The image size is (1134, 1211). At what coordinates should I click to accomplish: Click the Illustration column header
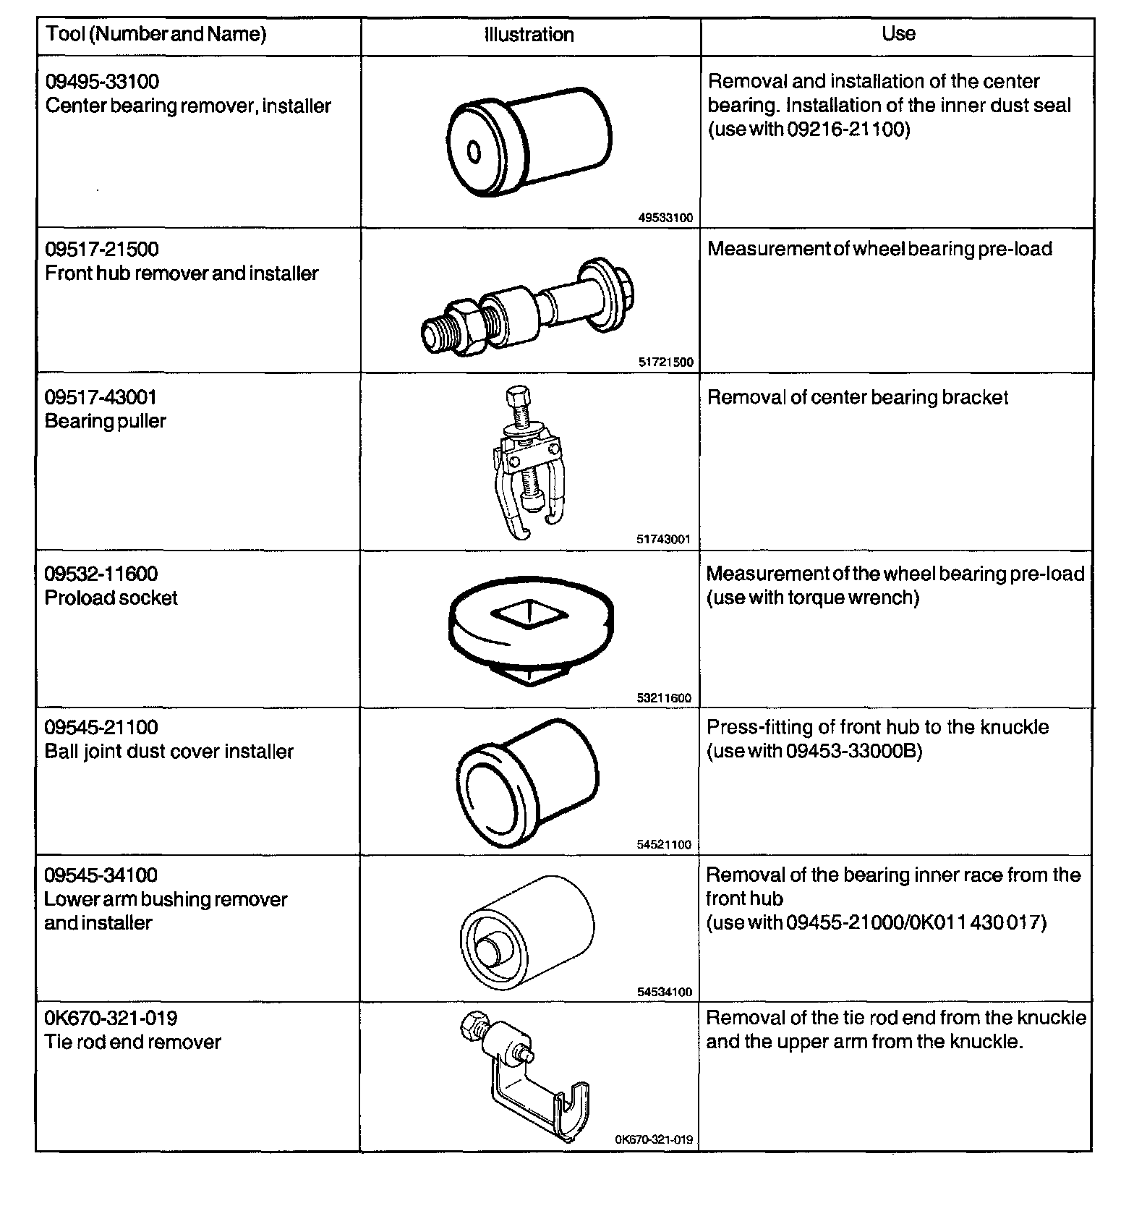coord(529,35)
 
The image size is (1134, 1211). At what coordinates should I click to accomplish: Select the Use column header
coord(898,33)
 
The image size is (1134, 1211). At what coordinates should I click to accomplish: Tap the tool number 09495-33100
coord(102,82)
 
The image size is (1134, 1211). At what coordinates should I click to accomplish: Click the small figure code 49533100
coord(665,217)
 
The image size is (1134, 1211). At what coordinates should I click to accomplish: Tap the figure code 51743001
coord(664,539)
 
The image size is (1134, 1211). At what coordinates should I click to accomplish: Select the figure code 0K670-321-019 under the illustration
coord(654,1140)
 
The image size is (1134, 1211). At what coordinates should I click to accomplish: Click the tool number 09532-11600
coord(101,574)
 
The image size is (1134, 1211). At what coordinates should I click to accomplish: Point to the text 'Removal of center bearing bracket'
coord(857,398)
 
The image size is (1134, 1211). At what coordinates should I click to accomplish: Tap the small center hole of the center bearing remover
coord(474,153)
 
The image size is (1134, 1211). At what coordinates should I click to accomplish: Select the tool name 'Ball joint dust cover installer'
coord(169,752)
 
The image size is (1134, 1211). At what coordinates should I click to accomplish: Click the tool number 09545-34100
coord(101,875)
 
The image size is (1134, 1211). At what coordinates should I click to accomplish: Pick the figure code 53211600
coord(664,698)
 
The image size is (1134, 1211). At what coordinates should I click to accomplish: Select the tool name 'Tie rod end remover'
coord(133,1042)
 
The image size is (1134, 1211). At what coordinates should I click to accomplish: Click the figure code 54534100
coord(664,993)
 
